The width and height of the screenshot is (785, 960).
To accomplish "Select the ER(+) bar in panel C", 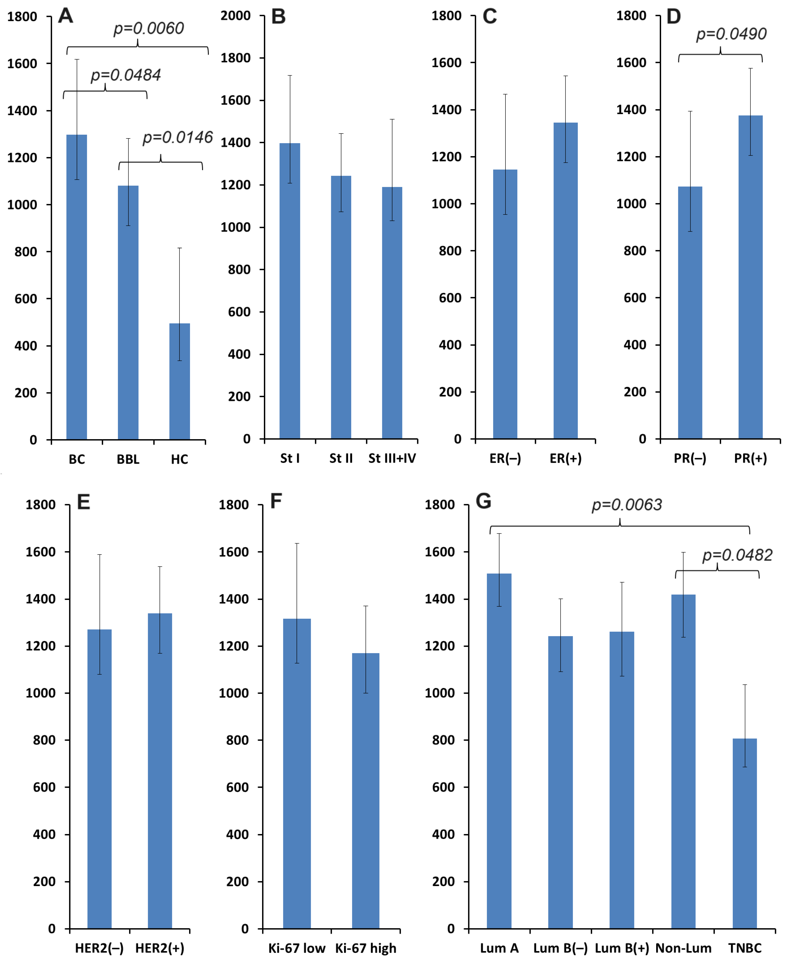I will (565, 281).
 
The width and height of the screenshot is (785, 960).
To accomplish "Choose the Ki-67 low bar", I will (297, 774).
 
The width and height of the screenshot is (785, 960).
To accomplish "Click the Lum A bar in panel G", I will (499, 751).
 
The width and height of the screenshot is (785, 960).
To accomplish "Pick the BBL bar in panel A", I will (128, 312).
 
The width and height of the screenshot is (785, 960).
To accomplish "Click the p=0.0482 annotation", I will (737, 555).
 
